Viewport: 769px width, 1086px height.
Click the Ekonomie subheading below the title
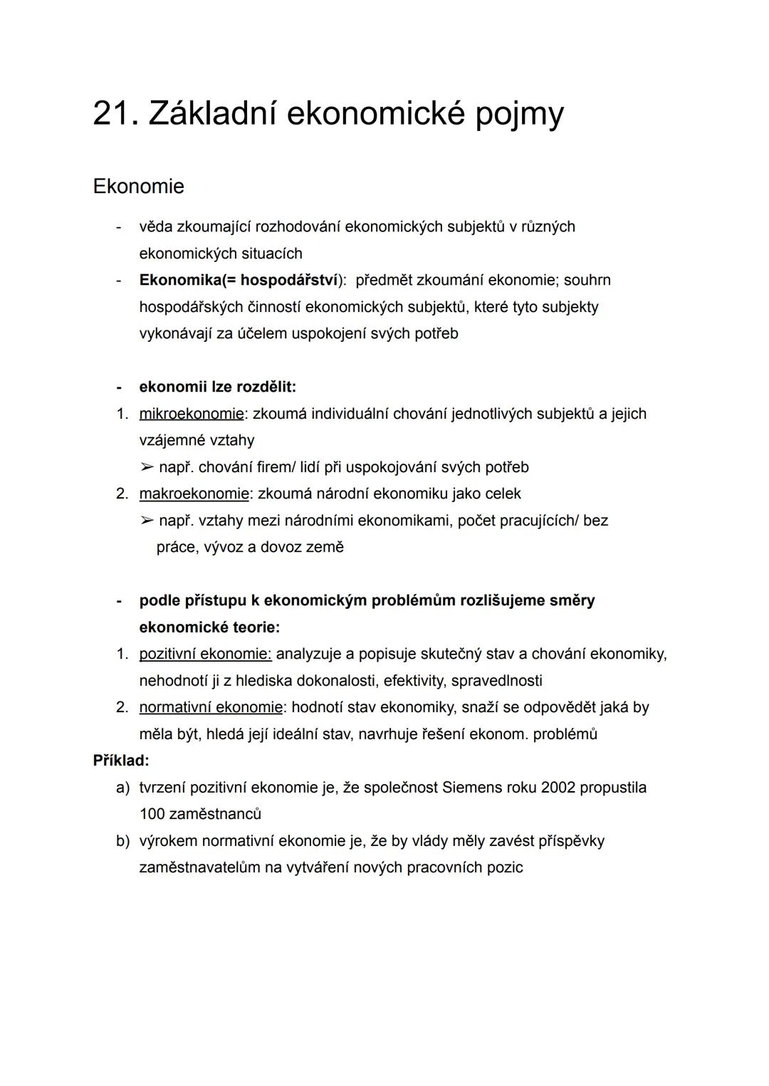click(138, 187)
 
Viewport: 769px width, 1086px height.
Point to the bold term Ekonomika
click(180, 281)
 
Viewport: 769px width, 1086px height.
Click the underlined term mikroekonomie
click(191, 414)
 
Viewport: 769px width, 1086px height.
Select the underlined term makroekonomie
click(194, 494)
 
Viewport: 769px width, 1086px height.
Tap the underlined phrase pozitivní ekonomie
click(205, 654)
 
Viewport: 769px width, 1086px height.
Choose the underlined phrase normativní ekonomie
click(211, 707)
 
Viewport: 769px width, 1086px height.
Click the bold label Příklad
click(120, 761)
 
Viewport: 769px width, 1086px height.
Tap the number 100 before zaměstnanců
click(152, 814)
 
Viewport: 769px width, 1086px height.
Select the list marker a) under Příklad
click(122, 788)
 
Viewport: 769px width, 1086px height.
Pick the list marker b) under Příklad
click(122, 841)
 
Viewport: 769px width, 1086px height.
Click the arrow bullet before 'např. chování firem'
click(147, 467)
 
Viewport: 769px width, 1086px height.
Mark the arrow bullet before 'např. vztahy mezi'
click(147, 521)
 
